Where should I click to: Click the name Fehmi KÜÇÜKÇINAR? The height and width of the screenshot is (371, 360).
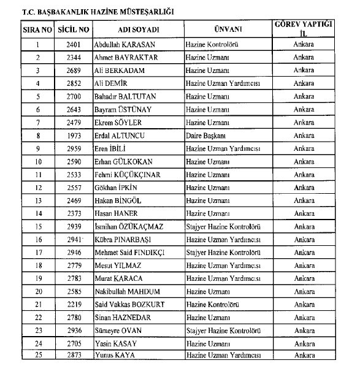tap(127, 175)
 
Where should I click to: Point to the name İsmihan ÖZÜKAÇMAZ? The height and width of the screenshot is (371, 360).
tap(131, 226)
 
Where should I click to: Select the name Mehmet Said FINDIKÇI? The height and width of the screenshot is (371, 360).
tap(132, 252)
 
